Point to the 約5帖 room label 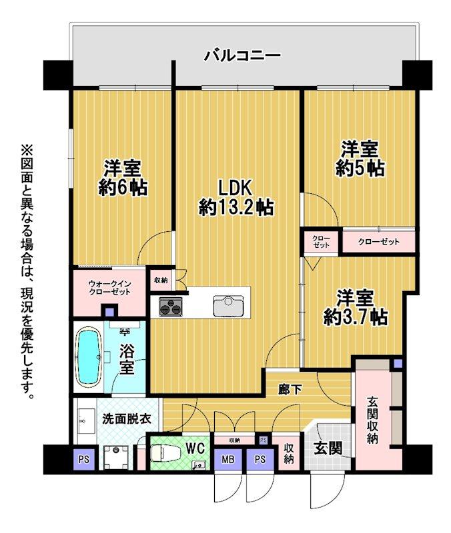(x=360, y=158)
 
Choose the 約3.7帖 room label (x=354, y=306)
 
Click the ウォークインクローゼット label (x=109, y=288)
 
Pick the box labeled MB (x=228, y=459)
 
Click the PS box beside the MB (x=260, y=459)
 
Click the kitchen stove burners (x=170, y=307)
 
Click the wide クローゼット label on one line (x=378, y=242)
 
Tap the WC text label (x=195, y=444)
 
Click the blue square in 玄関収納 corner (x=397, y=364)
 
